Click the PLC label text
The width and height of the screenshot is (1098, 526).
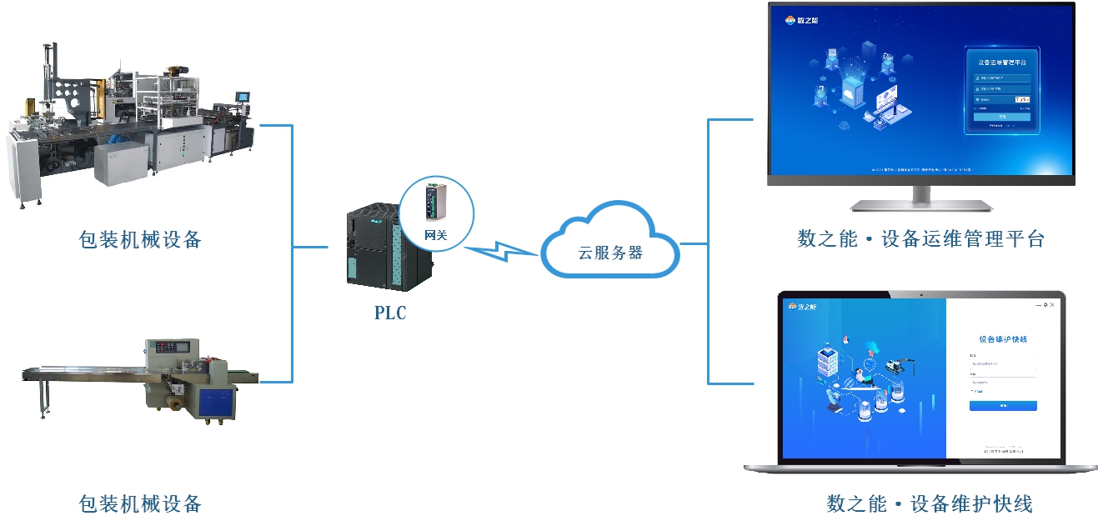pos(389,313)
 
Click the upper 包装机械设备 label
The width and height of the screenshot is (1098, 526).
pos(140,240)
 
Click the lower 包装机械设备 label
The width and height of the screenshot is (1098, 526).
pos(140,503)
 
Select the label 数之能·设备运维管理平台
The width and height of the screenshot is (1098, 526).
pos(920,239)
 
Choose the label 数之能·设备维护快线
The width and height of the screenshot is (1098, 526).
pos(929,503)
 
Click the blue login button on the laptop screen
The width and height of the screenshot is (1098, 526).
pos(1003,406)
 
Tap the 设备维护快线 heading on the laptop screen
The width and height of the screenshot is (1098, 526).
pos(1003,339)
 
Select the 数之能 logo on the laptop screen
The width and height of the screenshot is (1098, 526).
pos(803,307)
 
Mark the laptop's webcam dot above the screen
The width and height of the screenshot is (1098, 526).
pos(920,294)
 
